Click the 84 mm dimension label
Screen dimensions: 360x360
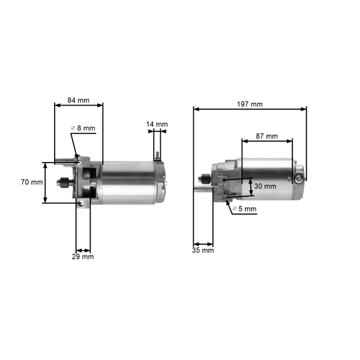click(x=78, y=100)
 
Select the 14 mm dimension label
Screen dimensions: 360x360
click(x=157, y=125)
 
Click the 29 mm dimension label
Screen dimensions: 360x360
click(x=83, y=257)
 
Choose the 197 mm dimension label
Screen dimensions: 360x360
click(x=250, y=104)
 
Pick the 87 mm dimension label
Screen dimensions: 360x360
click(x=266, y=136)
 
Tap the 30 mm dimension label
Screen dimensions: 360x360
click(x=265, y=187)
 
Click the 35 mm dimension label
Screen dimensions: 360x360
click(x=203, y=250)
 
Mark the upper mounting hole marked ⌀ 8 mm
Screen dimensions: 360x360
click(x=77, y=160)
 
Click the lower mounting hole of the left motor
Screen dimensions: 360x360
click(x=80, y=202)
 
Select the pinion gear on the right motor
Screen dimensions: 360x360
click(x=203, y=177)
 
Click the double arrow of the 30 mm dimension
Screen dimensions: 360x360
click(x=250, y=186)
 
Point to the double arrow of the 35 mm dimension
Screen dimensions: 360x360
click(x=203, y=244)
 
